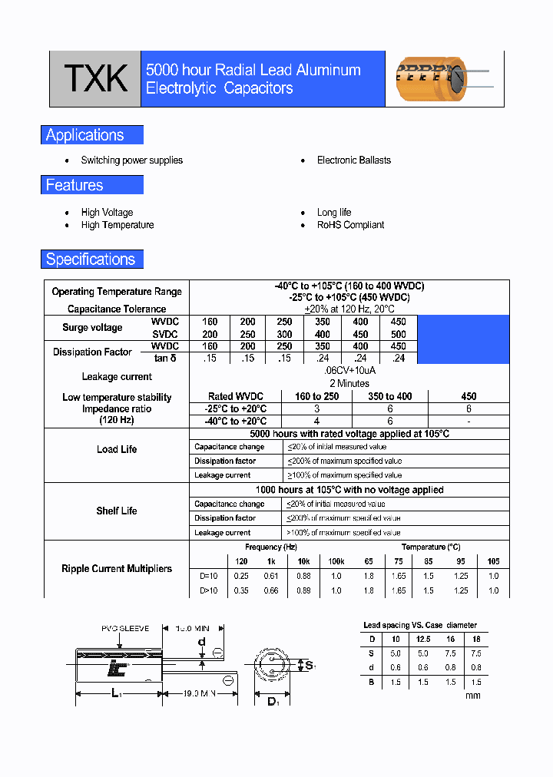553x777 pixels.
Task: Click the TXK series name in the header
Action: pos(95,79)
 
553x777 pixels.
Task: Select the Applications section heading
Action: pos(85,135)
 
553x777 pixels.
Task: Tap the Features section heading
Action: pos(75,185)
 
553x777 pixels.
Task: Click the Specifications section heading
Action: pos(91,260)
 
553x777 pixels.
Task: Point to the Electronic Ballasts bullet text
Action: pos(354,160)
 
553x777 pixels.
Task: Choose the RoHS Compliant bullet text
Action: pos(351,225)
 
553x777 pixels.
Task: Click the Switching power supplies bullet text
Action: pos(132,160)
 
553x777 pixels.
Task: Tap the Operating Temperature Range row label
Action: pos(117,292)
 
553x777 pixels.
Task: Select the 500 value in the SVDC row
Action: pos(399,334)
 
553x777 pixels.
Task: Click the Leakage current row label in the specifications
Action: pos(117,377)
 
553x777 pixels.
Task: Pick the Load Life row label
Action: pos(117,449)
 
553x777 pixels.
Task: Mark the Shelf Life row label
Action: pos(117,511)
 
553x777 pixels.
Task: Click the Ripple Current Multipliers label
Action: pos(117,569)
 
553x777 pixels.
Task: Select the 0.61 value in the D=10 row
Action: pos(270,576)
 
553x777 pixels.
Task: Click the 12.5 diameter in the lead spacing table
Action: pos(422,639)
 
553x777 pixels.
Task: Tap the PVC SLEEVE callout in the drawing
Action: pos(125,628)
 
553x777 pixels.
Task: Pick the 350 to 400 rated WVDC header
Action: pos(390,396)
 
